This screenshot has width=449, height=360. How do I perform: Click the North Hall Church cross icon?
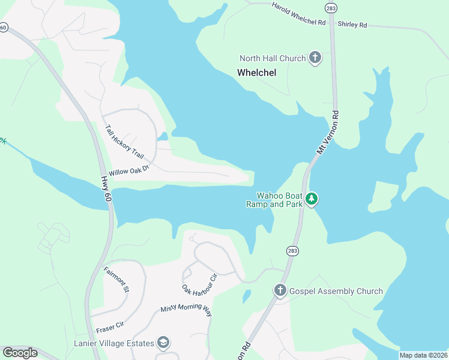point(315,58)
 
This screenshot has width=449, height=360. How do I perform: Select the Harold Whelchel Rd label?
point(298,13)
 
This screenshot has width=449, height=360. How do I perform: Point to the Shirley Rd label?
point(352,25)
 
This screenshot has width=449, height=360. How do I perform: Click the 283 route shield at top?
point(331,8)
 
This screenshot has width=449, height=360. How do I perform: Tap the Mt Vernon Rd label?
point(328,133)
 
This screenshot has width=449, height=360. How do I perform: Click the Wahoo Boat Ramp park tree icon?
point(311,199)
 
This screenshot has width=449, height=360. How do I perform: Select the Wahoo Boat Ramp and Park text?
point(279,199)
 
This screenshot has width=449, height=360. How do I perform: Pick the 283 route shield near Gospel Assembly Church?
point(292,251)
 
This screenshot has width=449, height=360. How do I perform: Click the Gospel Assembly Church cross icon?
point(280,291)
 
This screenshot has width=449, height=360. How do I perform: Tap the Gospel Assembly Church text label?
point(336,291)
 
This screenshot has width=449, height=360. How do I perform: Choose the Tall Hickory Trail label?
point(124,142)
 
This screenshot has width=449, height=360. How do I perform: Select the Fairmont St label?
point(116,279)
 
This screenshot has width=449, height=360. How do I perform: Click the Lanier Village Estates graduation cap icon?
point(163,343)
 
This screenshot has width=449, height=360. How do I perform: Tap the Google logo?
point(20,353)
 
